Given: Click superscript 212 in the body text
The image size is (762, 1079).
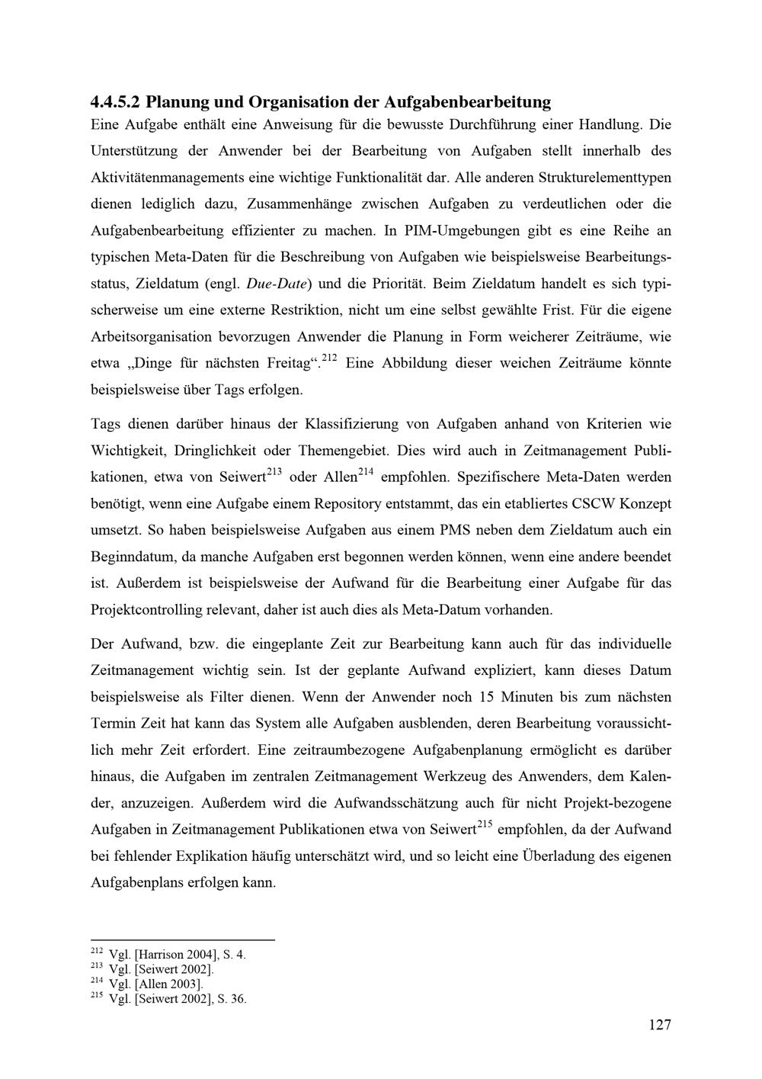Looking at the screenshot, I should pyautogui.click(x=330, y=358).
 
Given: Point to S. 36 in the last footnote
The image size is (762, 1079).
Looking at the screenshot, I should pyautogui.click(x=232, y=999).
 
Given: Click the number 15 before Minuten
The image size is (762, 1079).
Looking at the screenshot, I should pyautogui.click(x=488, y=697).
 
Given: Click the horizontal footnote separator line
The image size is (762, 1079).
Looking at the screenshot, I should pyautogui.click(x=182, y=940).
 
